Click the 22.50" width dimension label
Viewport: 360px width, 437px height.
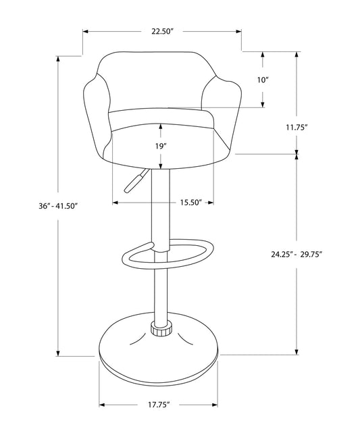point(162,31)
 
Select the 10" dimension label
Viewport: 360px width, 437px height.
point(263,80)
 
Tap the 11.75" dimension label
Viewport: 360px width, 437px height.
point(297,127)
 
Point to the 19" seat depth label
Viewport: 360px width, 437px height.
point(161,145)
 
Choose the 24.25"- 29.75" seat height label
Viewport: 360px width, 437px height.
point(297,254)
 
